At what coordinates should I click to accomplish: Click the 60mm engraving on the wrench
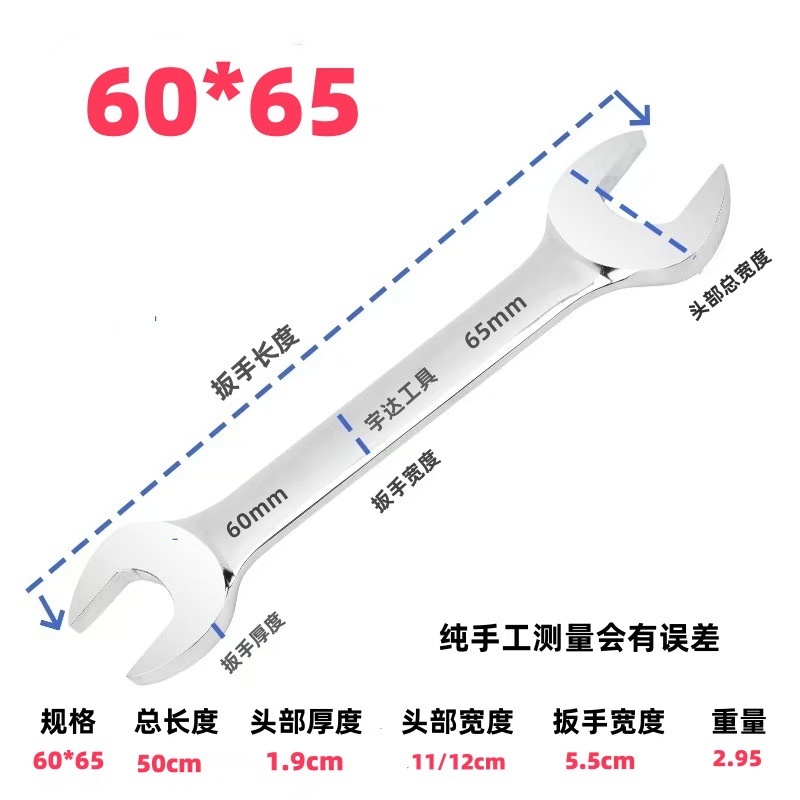(x=258, y=507)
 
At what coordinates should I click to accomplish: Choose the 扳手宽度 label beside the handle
(x=405, y=481)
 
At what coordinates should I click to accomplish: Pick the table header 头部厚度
(x=304, y=722)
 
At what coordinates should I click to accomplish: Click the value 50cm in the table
(x=169, y=762)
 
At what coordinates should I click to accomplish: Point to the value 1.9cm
(x=305, y=762)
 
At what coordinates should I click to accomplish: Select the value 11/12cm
(x=458, y=762)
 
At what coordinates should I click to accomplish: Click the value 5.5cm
(x=600, y=762)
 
